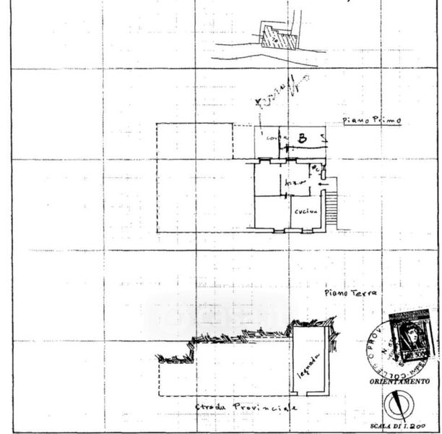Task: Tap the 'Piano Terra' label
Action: pyautogui.click(x=351, y=292)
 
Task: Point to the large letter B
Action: pyautogui.click(x=303, y=137)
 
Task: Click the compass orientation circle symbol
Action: pyautogui.click(x=398, y=404)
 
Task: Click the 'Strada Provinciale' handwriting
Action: pyautogui.click(x=246, y=409)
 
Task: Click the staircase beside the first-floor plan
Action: pyautogui.click(x=331, y=209)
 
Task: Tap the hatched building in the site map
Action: pyautogui.click(x=279, y=36)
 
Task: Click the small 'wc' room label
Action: pyautogui.click(x=315, y=170)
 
